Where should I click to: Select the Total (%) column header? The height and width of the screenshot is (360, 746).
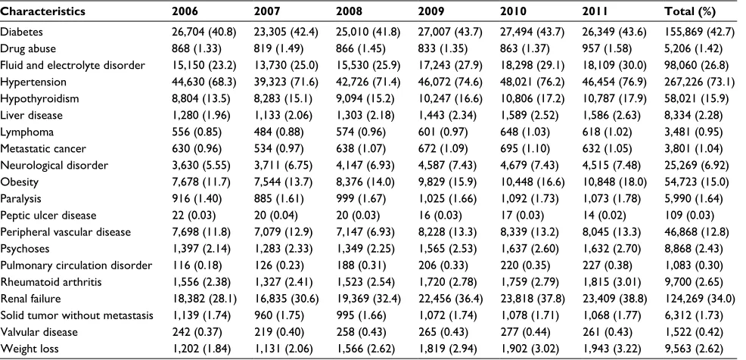[690, 11]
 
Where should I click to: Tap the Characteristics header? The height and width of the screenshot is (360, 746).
[43, 11]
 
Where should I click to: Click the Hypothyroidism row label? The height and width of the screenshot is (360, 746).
[39, 98]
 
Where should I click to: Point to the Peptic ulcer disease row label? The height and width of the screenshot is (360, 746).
[48, 216]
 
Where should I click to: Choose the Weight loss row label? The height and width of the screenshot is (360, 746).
[30, 349]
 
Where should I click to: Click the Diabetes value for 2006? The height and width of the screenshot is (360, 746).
[204, 32]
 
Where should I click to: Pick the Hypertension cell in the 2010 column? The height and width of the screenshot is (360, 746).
[532, 82]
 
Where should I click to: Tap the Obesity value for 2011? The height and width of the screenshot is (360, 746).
[614, 182]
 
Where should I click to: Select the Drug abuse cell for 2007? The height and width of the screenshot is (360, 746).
[276, 48]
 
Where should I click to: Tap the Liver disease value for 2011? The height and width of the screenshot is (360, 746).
[611, 115]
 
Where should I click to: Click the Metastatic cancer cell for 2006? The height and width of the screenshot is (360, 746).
[197, 148]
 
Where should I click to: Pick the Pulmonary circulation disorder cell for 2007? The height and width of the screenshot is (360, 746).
[276, 265]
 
